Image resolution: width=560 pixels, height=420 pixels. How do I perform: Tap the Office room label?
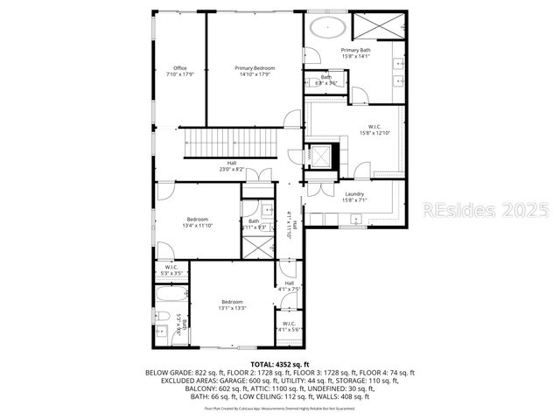coord(180,68)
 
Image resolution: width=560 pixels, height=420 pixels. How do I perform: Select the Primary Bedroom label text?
coord(255,67)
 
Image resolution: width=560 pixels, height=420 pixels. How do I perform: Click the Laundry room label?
coord(353,193)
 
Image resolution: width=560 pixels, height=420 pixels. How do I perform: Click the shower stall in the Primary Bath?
coord(379,26)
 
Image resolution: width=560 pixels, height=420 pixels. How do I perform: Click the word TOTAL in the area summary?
coord(262,364)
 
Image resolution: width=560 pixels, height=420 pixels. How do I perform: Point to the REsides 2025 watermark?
coord(486,211)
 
